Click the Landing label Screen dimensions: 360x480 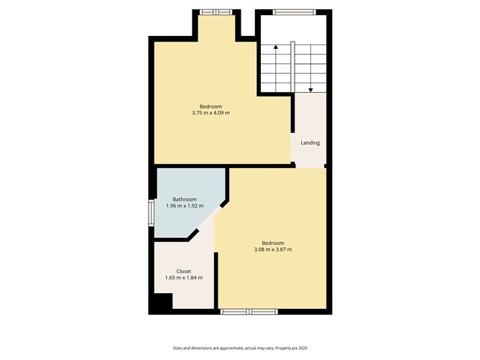(x=310, y=143)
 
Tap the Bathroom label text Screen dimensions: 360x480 (x=185, y=199)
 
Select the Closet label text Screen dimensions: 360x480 (x=184, y=271)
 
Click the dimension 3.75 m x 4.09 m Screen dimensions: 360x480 (x=211, y=113)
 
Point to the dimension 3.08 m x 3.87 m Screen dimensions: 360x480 (x=273, y=249)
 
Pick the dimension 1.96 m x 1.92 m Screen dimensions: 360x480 (x=185, y=206)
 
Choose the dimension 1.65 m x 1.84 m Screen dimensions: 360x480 (x=184, y=278)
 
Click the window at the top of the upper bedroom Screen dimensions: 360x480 (x=216, y=11)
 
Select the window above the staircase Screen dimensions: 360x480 (x=295, y=11)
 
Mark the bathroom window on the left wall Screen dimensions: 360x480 (x=151, y=213)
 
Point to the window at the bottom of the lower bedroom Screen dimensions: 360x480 (x=249, y=311)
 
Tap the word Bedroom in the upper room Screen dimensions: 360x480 (x=211, y=106)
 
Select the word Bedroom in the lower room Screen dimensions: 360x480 (x=273, y=242)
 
